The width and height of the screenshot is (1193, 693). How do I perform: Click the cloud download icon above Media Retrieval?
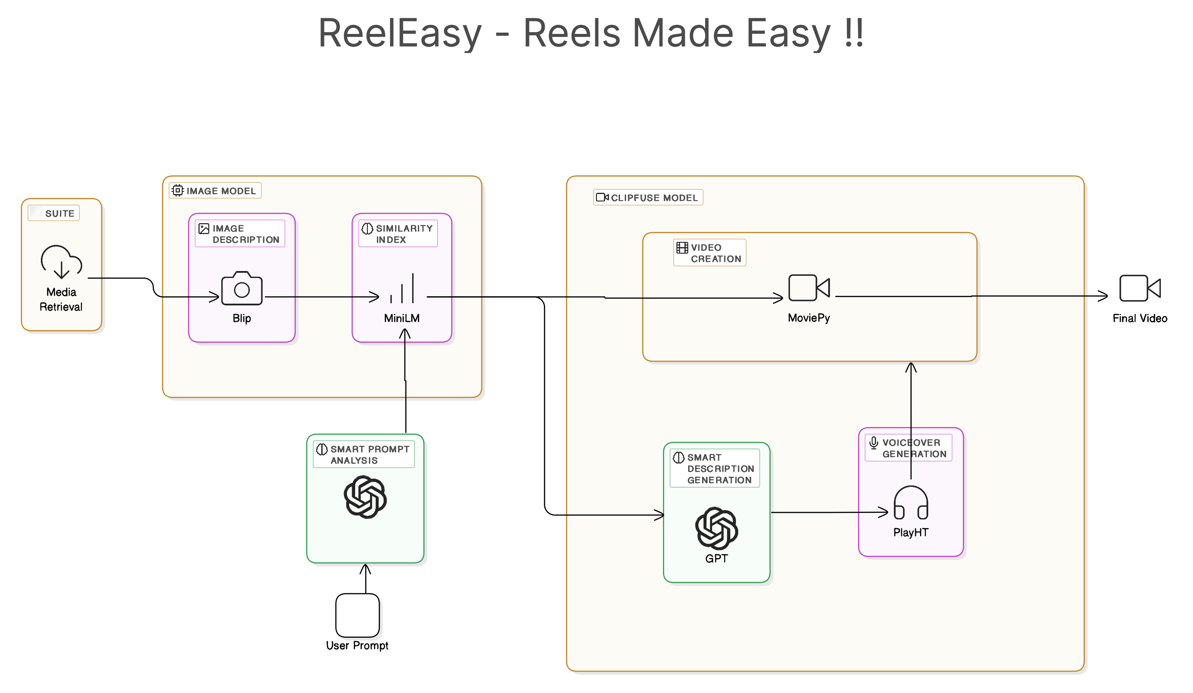click(x=62, y=262)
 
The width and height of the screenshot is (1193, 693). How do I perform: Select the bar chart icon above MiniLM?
click(x=402, y=288)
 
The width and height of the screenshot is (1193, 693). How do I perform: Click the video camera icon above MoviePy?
click(x=809, y=288)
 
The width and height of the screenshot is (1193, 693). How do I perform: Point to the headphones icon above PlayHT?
click(x=910, y=503)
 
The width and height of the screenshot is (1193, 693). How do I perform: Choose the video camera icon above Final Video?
click(x=1140, y=288)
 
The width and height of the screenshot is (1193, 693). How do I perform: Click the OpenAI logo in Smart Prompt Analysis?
click(x=365, y=497)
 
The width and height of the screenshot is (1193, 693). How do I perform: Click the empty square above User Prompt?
click(x=357, y=615)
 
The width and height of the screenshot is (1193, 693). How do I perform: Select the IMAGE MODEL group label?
click(x=215, y=191)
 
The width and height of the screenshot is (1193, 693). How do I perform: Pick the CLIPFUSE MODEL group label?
click(x=648, y=198)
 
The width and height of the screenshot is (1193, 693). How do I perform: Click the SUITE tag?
click(x=54, y=213)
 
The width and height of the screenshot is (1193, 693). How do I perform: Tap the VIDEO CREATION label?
click(x=710, y=253)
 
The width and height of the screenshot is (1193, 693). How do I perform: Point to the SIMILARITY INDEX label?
click(x=398, y=234)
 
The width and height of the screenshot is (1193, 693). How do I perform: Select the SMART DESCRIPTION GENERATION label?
click(x=715, y=469)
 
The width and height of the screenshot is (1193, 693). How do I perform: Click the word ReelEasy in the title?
click(x=400, y=33)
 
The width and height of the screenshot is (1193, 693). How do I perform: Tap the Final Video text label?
click(x=1140, y=318)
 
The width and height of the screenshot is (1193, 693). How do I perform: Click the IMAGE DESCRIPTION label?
click(x=240, y=234)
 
